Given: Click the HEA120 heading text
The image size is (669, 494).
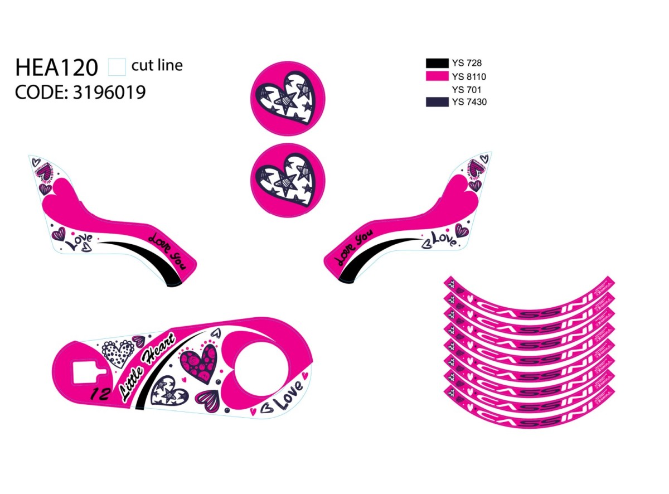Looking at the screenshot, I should pos(56,67).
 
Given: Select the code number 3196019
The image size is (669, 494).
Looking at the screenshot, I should pos(109,92).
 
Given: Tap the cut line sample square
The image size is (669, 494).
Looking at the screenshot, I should pos(117,66).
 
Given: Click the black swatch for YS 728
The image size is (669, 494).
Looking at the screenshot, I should pos(437,63).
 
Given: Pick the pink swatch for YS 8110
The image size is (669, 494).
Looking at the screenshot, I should pos(437,76).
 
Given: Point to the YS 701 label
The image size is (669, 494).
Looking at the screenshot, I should pos(467,89).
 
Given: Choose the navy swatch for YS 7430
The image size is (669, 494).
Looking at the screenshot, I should pos(437,102).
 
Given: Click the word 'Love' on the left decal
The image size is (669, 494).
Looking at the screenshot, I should pos(79,242).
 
